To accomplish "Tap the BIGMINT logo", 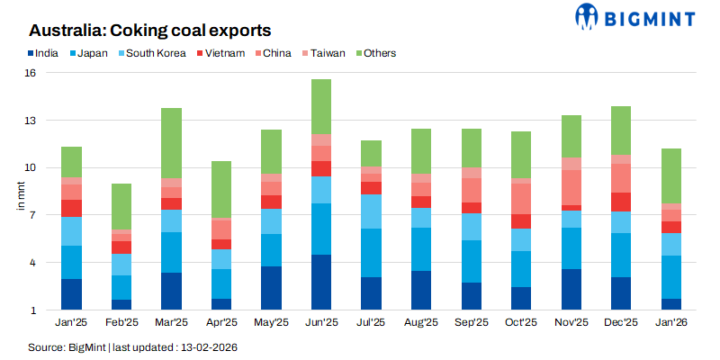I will pos(634,17).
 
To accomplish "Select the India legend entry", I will pos(42,53).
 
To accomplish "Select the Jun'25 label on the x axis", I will pos(321,323).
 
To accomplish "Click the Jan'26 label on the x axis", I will pos(670,323).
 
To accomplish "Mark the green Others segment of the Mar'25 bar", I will pos(171,143).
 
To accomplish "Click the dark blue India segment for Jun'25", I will pos(321,283).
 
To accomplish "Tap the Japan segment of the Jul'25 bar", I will pos(371,253).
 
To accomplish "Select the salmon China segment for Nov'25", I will pos(571,187).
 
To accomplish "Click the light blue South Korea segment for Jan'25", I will pos(72,231).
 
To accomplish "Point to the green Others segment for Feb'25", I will pos(121,206).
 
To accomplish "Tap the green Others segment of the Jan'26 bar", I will pos(670,175).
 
